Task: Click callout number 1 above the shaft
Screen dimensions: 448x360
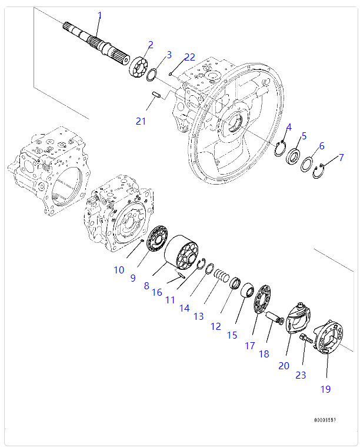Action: (x=99, y=15)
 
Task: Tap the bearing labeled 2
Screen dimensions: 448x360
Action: (x=139, y=65)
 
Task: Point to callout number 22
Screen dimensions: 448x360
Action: (x=189, y=57)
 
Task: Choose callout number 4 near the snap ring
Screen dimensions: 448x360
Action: (x=289, y=128)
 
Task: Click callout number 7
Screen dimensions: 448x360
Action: (x=341, y=158)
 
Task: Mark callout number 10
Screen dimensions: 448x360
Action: (x=119, y=270)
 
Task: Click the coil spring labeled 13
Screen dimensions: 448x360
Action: (x=221, y=275)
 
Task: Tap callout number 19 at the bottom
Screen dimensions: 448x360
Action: (x=325, y=389)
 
